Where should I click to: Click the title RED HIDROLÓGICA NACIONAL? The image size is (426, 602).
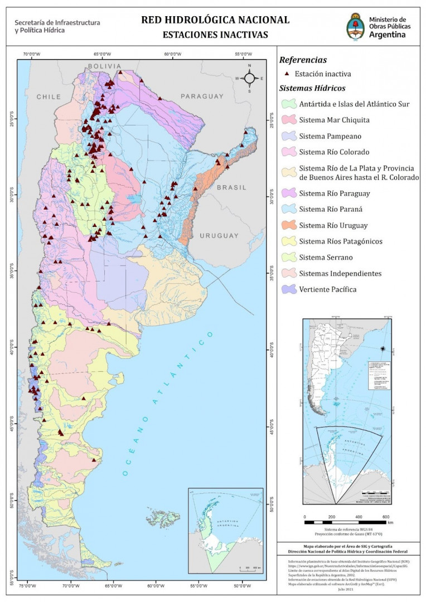pyautogui.click(x=215, y=20)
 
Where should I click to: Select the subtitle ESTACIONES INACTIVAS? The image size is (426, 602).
pyautogui.click(x=215, y=35)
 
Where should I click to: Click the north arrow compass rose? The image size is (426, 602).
pyautogui.click(x=250, y=78)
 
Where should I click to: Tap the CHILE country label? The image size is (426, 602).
pyautogui.click(x=49, y=97)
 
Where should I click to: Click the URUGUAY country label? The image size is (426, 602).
pyautogui.click(x=219, y=235)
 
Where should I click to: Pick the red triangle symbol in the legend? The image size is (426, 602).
pyautogui.click(x=287, y=74)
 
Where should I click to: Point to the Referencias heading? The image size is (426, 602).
pyautogui.click(x=303, y=60)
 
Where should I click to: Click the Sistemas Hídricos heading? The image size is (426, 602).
pyautogui.click(x=312, y=88)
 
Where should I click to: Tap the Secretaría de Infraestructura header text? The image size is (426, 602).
pyautogui.click(x=57, y=26)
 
